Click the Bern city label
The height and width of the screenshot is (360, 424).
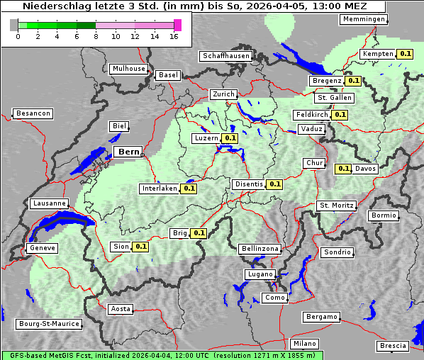128,152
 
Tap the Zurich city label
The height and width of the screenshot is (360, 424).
223,94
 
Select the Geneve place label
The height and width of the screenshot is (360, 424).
41,248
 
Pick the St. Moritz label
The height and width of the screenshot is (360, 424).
337,206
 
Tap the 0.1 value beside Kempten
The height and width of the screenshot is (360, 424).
405,54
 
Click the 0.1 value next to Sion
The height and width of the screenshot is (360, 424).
140,247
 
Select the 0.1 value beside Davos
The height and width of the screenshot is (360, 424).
343,169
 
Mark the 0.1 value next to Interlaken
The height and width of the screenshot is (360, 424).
189,189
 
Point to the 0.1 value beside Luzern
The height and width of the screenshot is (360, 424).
230,138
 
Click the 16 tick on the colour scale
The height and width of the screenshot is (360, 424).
174,36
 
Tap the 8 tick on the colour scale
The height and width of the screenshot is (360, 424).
96,36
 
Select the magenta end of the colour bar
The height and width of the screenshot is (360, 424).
177,25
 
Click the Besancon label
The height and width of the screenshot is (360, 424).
33,113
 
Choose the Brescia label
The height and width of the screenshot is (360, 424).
393,346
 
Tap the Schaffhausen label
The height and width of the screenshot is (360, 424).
226,56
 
